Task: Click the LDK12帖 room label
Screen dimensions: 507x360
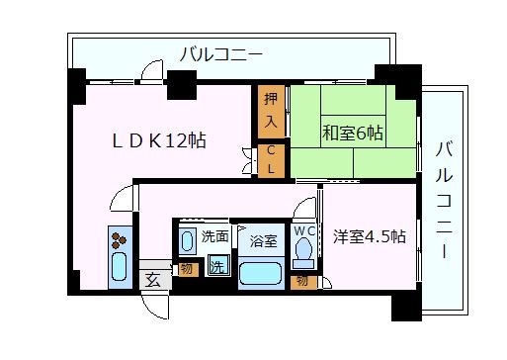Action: [159, 140]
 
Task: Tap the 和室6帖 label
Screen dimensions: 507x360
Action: [353, 133]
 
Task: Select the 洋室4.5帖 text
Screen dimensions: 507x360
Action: [370, 236]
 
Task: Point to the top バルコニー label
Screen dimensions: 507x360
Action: [221, 54]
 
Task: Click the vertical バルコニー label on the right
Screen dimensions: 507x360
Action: [444, 200]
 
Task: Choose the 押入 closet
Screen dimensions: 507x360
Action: [271, 112]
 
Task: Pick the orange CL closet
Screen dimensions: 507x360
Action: [271, 161]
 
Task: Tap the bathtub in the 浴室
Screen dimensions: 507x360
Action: [261, 273]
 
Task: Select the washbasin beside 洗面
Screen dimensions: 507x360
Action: [187, 241]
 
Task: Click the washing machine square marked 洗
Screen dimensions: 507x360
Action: [217, 266]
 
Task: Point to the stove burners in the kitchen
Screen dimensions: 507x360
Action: [119, 240]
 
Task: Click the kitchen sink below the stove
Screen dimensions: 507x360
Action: [119, 266]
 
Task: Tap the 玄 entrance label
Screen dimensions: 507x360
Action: [153, 280]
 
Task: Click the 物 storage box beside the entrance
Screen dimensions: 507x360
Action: [188, 269]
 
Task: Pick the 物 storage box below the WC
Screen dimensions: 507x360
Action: [303, 282]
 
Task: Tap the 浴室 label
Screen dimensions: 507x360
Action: [263, 241]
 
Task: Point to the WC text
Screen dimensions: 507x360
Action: [304, 231]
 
